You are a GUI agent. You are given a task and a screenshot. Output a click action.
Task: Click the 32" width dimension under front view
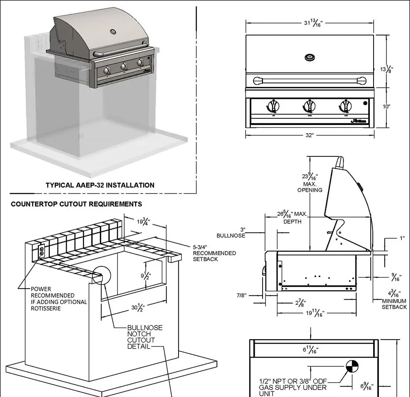(309, 135)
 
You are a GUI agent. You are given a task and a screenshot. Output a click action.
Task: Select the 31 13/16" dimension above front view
(313, 23)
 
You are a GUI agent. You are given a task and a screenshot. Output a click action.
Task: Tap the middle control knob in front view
(309, 106)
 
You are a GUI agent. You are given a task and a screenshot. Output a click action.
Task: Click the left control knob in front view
(273, 106)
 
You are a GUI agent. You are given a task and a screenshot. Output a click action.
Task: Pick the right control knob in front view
(345, 106)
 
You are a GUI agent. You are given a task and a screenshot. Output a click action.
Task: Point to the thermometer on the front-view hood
(309, 57)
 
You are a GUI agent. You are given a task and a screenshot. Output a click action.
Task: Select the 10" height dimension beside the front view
(386, 107)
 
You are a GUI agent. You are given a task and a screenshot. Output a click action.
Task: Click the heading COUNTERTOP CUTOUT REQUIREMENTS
(76, 204)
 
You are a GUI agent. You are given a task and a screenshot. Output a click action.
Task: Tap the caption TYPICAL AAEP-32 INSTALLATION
(100, 185)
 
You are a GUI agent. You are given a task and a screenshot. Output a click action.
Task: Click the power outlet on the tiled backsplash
(41, 251)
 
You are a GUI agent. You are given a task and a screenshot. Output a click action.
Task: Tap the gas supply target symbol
(351, 366)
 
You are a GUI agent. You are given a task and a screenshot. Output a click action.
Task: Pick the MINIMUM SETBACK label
(394, 304)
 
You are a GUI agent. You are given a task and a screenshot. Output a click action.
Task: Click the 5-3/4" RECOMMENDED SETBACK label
(214, 253)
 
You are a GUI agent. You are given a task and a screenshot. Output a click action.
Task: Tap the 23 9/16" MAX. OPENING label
(310, 182)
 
